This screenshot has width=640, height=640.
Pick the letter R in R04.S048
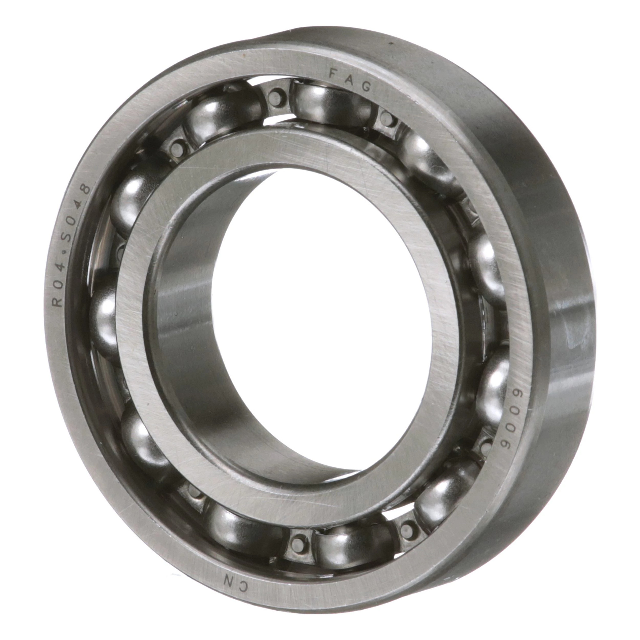point(59,302)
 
